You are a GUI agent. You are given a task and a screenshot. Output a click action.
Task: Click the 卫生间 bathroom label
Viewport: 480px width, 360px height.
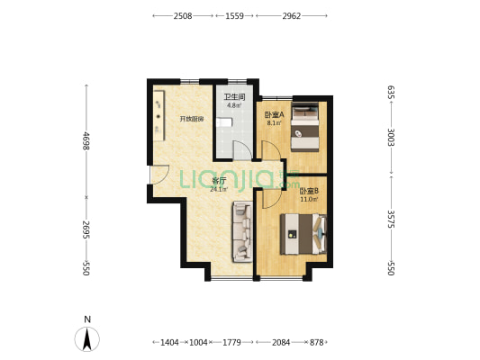coord(234,97)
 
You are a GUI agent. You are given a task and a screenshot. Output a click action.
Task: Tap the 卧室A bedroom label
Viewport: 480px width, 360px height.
coord(275,114)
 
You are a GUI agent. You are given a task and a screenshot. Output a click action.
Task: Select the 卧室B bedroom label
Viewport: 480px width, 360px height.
coord(309,191)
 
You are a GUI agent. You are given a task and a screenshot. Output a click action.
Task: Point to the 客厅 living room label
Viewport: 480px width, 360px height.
coord(219,181)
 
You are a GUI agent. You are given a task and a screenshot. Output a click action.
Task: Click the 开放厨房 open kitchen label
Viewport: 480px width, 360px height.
coord(192,119)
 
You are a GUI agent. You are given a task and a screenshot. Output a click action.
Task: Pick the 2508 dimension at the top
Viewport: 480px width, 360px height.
coord(183,16)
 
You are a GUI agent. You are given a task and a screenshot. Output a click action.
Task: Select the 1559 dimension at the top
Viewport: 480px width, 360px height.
coord(234,16)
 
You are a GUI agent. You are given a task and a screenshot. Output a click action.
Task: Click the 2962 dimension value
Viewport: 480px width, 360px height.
coord(292,16)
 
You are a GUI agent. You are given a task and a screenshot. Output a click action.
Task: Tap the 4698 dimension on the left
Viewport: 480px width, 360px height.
coord(86,140)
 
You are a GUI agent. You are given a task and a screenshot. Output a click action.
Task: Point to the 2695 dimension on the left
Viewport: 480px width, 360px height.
coord(86,229)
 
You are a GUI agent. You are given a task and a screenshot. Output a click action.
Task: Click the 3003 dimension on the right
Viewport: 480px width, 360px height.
coord(391,138)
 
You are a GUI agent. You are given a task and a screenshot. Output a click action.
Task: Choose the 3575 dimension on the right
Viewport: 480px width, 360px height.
coord(391,219)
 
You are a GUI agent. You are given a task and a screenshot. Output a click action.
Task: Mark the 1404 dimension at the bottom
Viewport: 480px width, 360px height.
coord(169,342)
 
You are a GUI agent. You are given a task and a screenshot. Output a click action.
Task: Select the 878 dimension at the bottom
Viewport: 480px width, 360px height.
coord(316,342)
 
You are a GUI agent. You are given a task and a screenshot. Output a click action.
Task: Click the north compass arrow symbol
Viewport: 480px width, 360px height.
coord(87,339)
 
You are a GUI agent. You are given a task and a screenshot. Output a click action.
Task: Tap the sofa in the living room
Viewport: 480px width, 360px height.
coord(242,231)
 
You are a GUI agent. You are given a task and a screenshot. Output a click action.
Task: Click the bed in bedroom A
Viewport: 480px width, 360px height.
coord(305,127)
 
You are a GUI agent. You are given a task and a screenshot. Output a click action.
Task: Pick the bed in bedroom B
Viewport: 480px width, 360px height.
coord(303,234)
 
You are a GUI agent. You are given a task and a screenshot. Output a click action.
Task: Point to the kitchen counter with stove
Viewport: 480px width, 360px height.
coord(158,115)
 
